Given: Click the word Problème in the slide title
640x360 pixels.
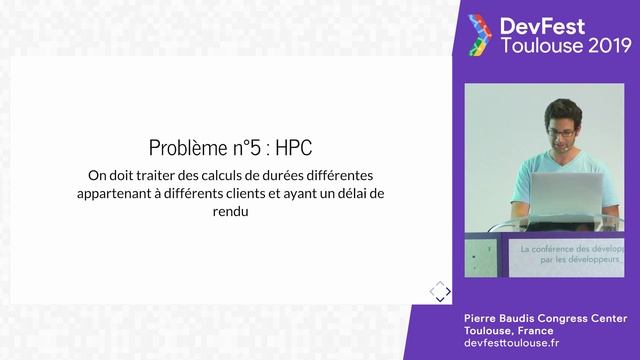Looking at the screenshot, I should tap(186, 148).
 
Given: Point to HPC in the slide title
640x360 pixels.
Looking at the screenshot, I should tap(293, 148).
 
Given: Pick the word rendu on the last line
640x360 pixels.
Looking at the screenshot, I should tap(230, 212).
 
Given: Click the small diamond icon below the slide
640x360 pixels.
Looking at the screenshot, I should tap(440, 291).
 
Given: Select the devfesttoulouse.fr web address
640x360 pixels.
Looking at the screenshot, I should tap(513, 343).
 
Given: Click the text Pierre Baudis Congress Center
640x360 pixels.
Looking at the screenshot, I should tap(545, 318).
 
